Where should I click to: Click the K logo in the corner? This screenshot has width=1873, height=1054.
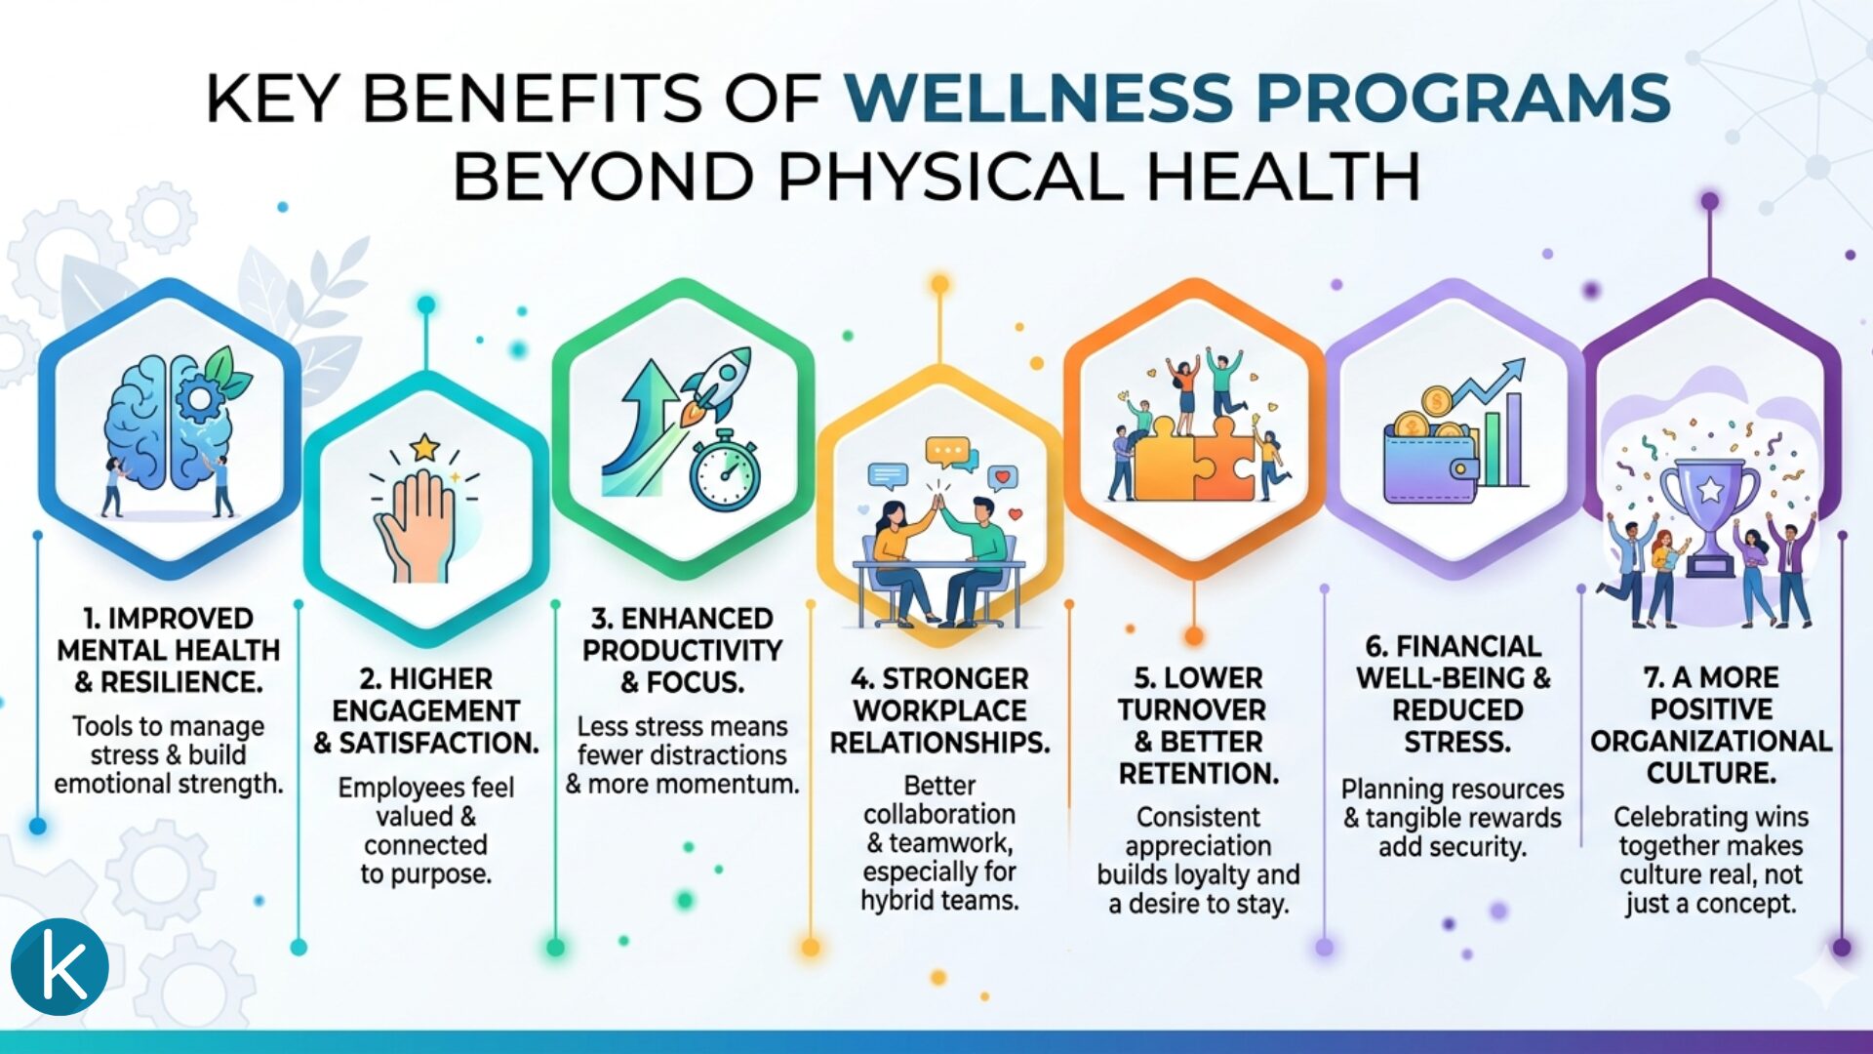(60, 966)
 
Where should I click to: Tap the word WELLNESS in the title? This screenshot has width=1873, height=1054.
(1040, 98)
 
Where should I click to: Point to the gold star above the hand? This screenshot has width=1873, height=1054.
(425, 448)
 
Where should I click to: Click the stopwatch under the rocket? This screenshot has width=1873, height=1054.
(724, 472)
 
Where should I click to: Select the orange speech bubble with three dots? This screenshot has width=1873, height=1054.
(947, 452)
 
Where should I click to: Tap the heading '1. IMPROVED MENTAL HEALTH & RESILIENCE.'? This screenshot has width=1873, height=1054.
(169, 650)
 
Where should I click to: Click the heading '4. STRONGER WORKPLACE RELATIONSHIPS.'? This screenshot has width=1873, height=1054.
(939, 710)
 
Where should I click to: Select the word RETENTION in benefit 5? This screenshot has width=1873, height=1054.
(1198, 774)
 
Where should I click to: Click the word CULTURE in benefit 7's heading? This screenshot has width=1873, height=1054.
(1711, 773)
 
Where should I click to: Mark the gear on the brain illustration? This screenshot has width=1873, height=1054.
(200, 397)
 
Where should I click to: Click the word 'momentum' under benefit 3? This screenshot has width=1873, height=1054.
(742, 784)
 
